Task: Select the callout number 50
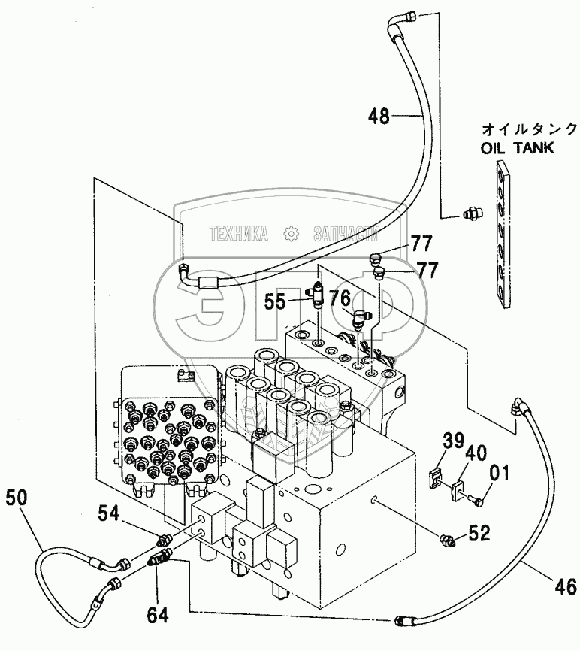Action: point(20,497)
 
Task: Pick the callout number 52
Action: point(479,534)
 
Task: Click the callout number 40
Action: point(475,453)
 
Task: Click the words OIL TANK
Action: point(518,147)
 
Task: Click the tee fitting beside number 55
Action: point(318,296)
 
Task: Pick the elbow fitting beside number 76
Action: point(361,319)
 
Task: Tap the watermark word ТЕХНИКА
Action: point(239,234)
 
